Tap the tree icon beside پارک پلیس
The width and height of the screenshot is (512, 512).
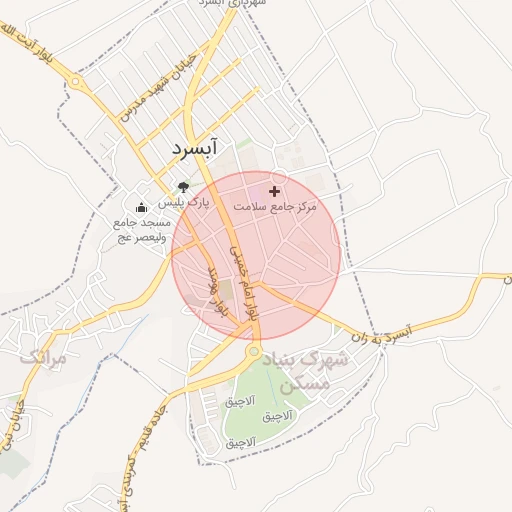tap(182, 186)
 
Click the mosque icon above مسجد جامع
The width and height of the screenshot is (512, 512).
tap(141, 208)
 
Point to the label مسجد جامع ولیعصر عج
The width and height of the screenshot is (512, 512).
tap(141, 229)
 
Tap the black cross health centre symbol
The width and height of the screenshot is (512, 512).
tap(274, 190)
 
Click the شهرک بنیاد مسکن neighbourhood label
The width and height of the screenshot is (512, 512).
tap(306, 369)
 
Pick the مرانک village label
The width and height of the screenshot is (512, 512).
tap(43, 356)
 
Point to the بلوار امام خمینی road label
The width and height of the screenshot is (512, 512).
tap(244, 281)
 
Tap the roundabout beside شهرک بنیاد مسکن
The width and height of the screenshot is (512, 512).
tap(254, 352)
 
